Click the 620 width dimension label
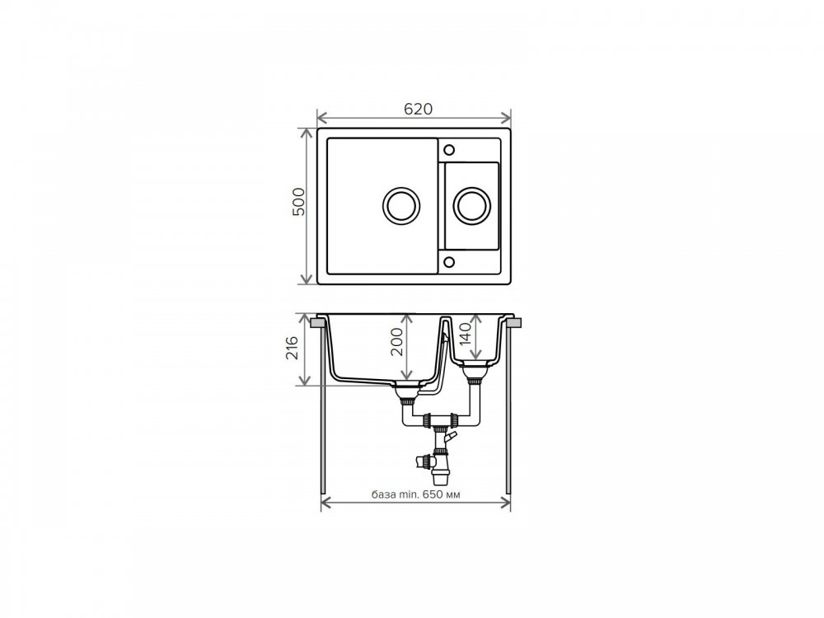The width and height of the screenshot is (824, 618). tap(418, 109)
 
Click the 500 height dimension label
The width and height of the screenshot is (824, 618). tap(298, 201)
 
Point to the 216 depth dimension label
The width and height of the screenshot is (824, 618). tap(292, 348)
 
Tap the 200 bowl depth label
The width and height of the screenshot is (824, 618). tap(397, 342)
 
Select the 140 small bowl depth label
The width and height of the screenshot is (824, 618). tap(466, 334)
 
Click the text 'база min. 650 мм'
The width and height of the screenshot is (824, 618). tap(415, 494)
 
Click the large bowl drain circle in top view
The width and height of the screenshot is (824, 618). tap(401, 205)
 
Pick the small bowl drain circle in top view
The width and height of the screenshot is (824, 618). tap(472, 205)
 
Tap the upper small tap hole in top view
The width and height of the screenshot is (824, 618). tap(449, 150)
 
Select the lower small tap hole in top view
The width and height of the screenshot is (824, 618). tap(449, 262)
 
